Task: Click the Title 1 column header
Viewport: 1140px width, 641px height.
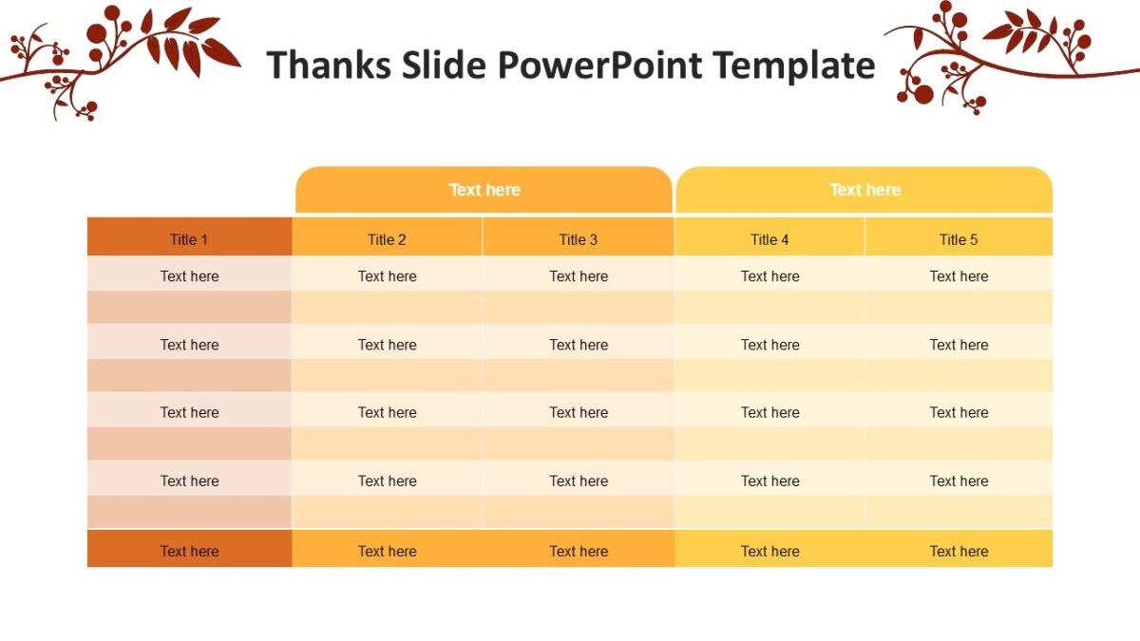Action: [189, 238]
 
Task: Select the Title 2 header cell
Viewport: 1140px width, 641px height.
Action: [387, 238]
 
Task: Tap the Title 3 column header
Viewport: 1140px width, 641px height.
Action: [579, 238]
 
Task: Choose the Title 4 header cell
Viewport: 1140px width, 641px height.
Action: [769, 238]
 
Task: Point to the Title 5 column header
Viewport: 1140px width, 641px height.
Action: [959, 238]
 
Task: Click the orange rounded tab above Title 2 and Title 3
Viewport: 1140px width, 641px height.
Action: [484, 190]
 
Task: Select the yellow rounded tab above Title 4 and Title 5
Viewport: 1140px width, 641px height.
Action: [864, 190]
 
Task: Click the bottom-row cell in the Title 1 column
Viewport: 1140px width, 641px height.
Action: [189, 550]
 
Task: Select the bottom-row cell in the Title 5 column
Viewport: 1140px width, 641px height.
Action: [959, 550]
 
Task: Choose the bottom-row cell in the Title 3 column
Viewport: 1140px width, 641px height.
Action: [579, 550]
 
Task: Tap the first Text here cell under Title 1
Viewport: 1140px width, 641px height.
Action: [189, 276]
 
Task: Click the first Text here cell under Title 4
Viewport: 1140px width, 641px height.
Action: [769, 276]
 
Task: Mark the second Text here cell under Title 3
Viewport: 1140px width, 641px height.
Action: [579, 345]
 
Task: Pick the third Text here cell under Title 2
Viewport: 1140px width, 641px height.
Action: [387, 412]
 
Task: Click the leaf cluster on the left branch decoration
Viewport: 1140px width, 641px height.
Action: [190, 43]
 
